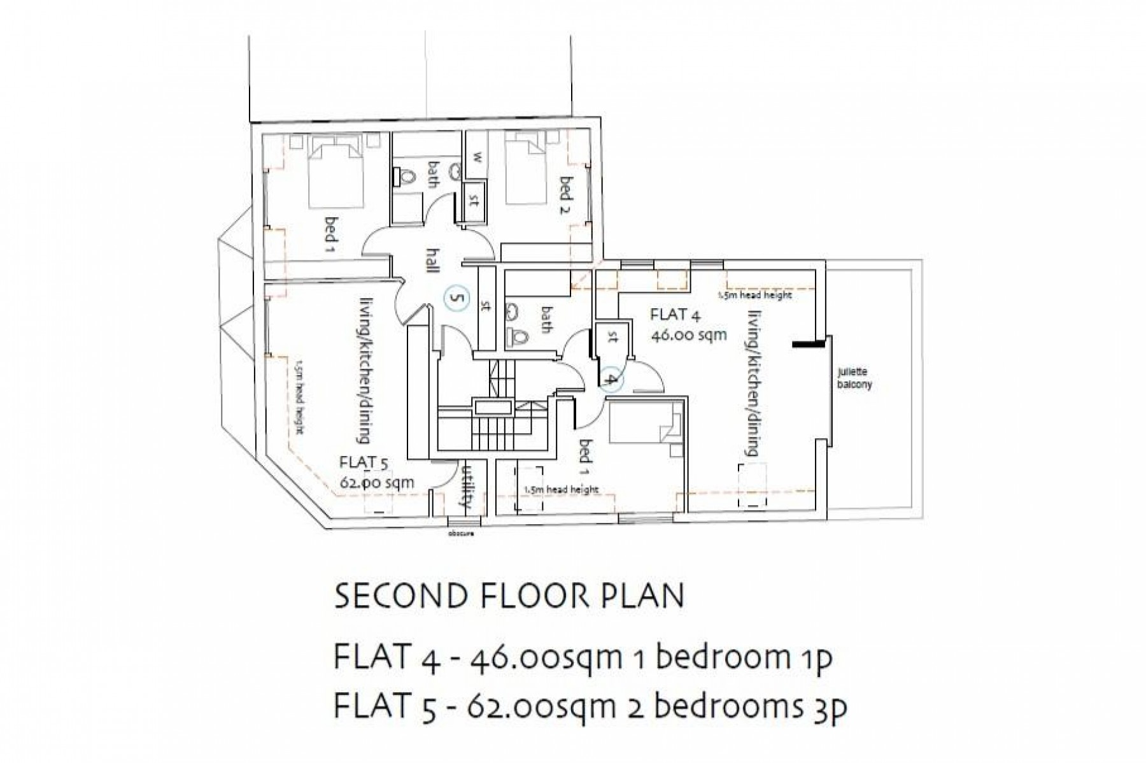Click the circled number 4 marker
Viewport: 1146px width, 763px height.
click(x=610, y=380)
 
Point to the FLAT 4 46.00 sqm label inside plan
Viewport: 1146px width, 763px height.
click(x=688, y=324)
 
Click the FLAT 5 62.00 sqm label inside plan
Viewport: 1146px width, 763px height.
click(x=377, y=472)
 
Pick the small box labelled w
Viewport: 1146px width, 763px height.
click(x=476, y=157)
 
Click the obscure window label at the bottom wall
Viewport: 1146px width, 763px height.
click(x=460, y=534)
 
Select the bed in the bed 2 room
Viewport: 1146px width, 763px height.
click(x=527, y=169)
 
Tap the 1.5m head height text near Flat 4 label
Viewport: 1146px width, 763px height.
click(x=754, y=296)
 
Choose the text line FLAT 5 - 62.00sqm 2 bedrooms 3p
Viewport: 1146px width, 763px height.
click(x=590, y=708)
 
